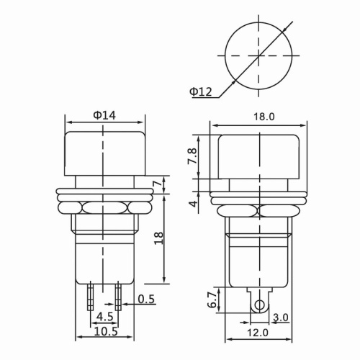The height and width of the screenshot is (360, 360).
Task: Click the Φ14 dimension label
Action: pos(105,114)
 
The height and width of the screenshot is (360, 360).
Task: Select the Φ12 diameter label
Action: pos(202,91)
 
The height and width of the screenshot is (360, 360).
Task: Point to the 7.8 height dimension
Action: pos(192,157)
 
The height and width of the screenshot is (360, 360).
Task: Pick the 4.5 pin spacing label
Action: pos(104,316)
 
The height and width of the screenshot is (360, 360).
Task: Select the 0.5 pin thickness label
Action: pos(146,299)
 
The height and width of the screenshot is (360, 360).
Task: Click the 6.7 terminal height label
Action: pos(210,300)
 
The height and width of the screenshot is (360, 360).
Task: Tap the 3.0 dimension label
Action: pos(282,317)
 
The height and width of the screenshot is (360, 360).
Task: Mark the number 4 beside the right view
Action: pos(192,204)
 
